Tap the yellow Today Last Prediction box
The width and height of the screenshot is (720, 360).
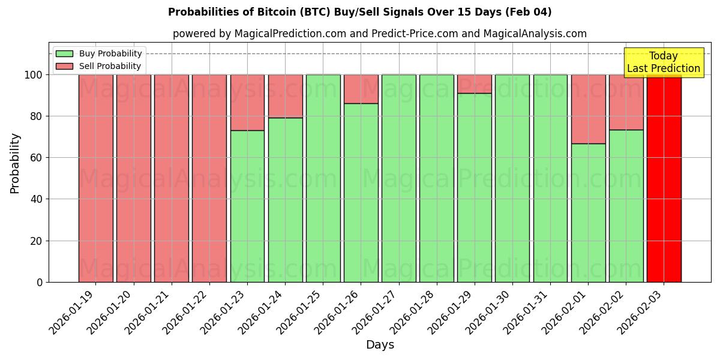[x=663, y=62]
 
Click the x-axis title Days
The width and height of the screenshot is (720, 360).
[x=380, y=345]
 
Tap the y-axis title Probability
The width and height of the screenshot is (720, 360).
[x=15, y=163]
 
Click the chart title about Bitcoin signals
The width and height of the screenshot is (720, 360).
[x=359, y=12]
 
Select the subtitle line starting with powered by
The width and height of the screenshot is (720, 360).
[x=379, y=34]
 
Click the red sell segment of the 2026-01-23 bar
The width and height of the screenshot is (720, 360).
[x=247, y=102]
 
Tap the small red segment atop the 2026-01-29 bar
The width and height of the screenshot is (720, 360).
[x=474, y=84]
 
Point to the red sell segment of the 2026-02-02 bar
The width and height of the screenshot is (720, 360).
[x=626, y=102]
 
